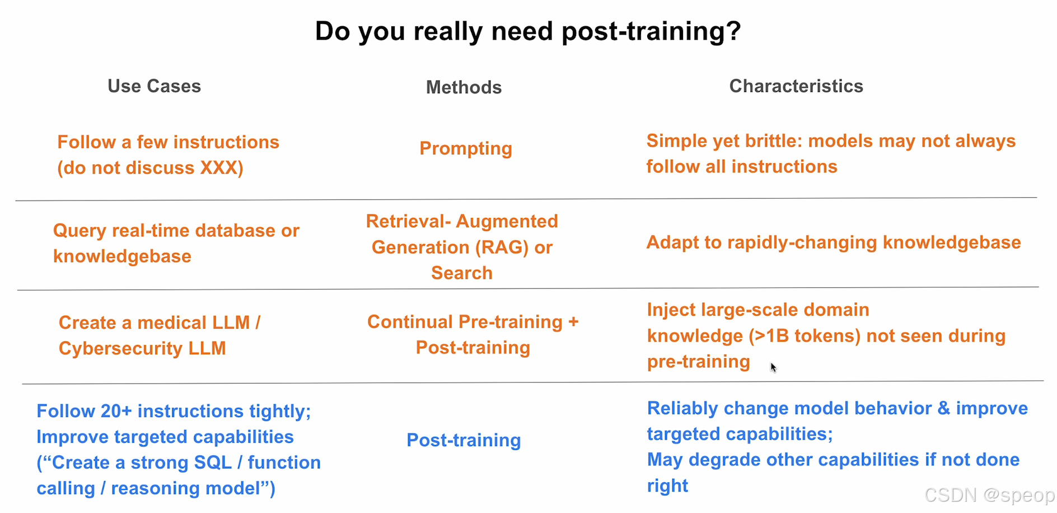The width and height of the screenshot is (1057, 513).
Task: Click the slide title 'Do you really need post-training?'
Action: [528, 31]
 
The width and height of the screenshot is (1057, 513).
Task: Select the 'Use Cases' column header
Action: [154, 86]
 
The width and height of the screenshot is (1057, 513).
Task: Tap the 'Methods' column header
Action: [464, 87]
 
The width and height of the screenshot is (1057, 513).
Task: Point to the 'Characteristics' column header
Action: [796, 86]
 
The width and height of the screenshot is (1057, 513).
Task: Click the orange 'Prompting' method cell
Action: [466, 148]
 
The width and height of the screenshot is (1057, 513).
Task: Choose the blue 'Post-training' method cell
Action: [464, 440]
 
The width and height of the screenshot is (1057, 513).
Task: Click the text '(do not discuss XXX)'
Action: [151, 168]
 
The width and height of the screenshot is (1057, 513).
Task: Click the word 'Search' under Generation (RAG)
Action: [462, 273]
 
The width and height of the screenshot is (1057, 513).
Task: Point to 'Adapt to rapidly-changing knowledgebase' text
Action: [834, 242]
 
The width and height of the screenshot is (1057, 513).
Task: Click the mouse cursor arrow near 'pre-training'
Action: [773, 367]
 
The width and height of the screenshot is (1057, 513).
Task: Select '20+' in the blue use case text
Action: [116, 412]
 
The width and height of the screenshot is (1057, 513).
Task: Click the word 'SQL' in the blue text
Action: [213, 463]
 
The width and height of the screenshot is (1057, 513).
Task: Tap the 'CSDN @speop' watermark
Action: [990, 495]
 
